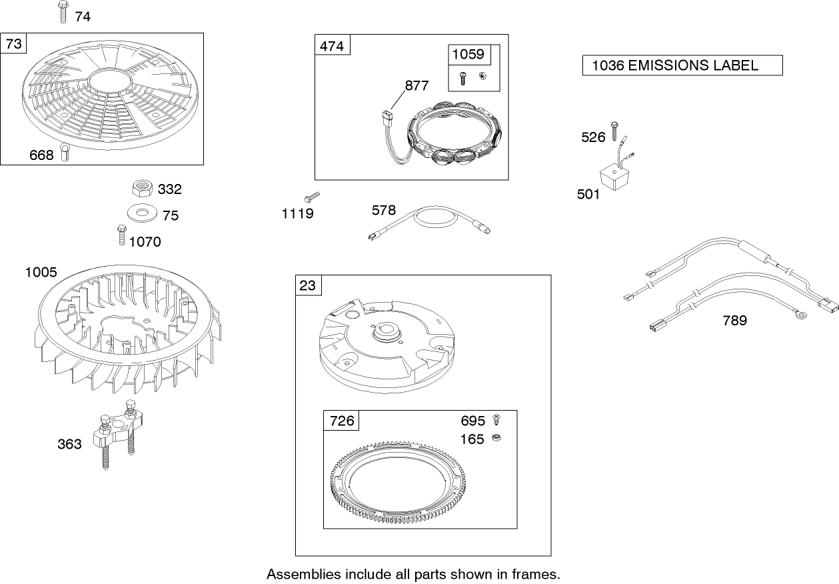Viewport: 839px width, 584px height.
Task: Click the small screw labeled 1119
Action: point(312,197)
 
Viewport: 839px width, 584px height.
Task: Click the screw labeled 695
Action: point(495,420)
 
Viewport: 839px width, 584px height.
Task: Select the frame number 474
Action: point(332,46)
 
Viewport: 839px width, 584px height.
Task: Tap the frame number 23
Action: point(308,285)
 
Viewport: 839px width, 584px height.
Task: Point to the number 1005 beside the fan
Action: point(41,272)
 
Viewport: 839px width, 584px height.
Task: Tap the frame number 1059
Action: point(468,55)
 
